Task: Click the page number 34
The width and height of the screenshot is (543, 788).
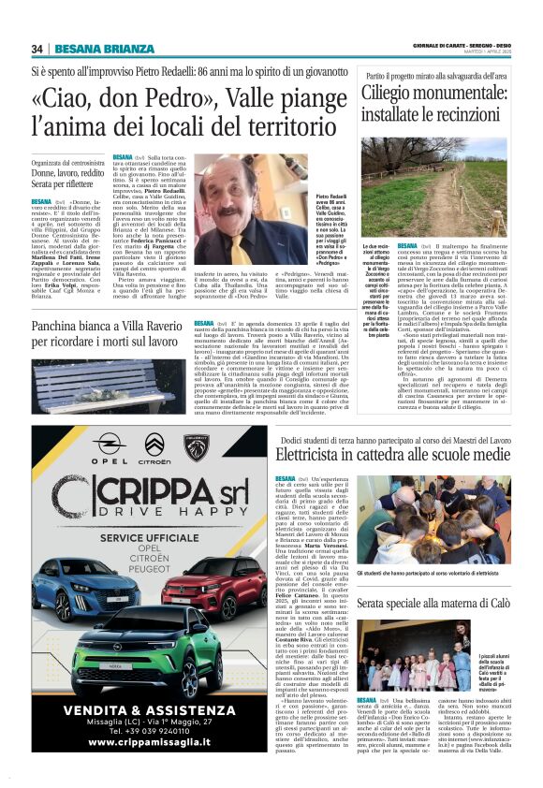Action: (37, 49)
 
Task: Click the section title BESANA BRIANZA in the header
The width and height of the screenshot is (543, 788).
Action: (104, 49)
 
